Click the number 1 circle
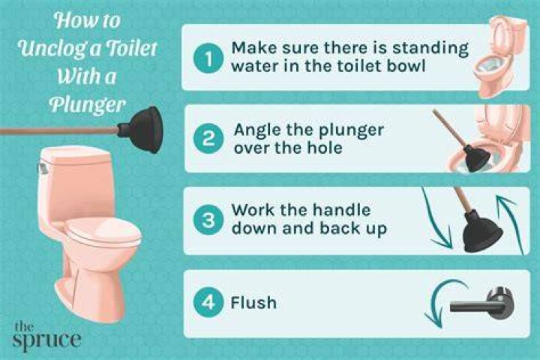click(208, 59)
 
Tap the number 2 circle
click(208, 139)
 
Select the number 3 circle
click(208, 220)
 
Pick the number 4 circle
click(208, 302)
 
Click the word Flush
click(253, 303)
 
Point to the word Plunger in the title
click(88, 104)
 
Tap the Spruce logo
click(46, 337)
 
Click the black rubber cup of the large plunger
click(141, 130)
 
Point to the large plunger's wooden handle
click(59, 131)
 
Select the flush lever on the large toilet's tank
click(42, 169)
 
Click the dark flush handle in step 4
click(483, 303)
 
